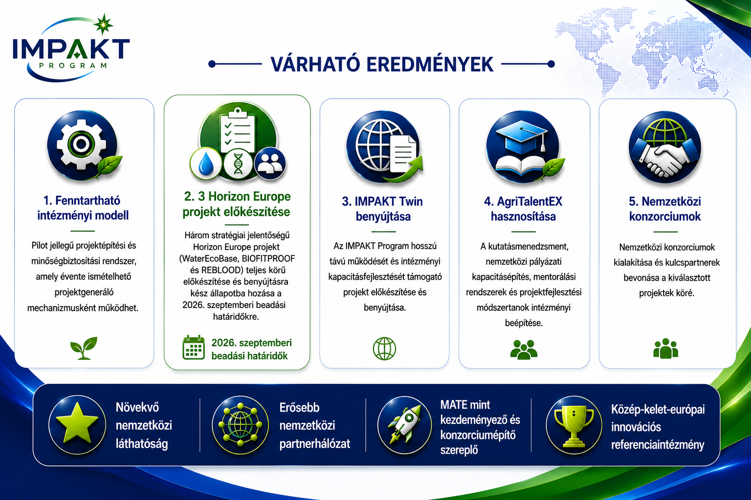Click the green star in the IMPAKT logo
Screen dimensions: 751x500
coord(103,24)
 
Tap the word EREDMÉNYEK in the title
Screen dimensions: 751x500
coord(430,64)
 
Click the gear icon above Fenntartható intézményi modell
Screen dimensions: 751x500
coord(82,145)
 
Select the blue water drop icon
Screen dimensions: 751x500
coord(206,164)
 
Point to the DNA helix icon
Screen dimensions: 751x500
coord(238,164)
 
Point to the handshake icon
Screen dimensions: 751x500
coord(664,157)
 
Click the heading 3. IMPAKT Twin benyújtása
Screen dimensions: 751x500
coord(382,208)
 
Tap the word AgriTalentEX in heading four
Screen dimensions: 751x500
coord(530,201)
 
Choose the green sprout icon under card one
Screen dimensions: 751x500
coord(84,348)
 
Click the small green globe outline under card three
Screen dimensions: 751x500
coord(384,349)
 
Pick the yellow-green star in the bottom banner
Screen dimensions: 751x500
coord(77,423)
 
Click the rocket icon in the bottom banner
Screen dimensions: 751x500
coord(405,424)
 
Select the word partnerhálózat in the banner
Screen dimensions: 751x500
coord(314,444)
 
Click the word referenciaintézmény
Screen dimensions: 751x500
coord(658,445)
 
